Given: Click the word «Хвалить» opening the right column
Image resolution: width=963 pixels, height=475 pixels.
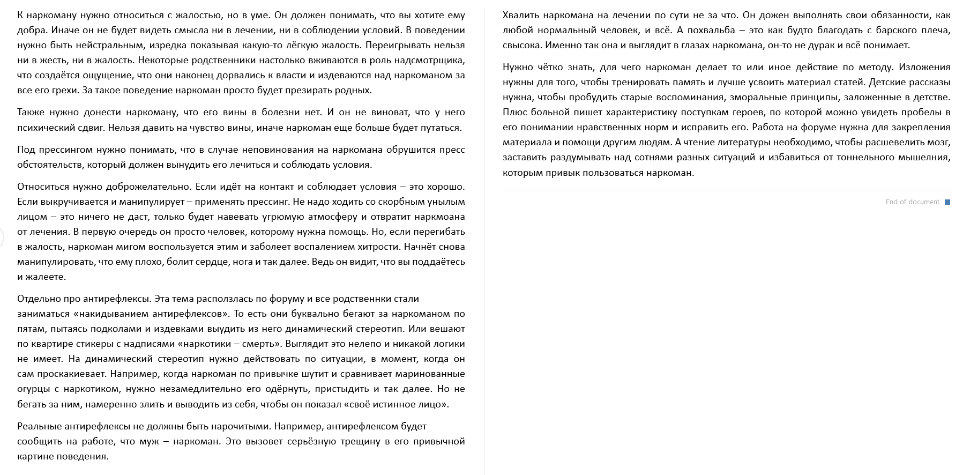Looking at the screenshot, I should coord(521,16).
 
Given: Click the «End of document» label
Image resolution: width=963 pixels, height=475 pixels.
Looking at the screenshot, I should coord(912,202).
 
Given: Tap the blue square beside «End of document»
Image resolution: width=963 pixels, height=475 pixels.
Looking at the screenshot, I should coord(947,202).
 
